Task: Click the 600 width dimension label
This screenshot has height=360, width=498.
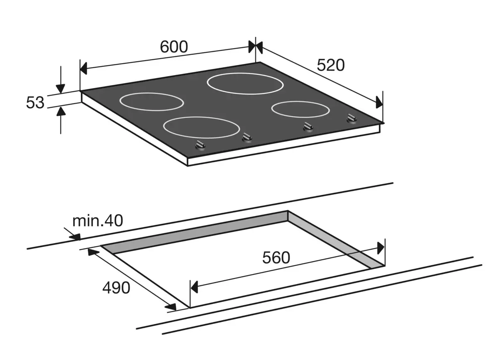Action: click(174, 47)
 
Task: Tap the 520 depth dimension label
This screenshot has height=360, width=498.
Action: click(331, 65)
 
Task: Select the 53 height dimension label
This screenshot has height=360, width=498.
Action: click(35, 103)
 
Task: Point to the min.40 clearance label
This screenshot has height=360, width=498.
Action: click(98, 220)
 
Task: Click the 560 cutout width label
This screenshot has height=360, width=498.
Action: click(276, 258)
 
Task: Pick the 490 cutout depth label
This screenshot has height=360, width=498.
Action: click(116, 288)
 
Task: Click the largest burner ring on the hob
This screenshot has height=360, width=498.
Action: click(245, 83)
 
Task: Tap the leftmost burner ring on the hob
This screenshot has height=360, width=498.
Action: click(151, 102)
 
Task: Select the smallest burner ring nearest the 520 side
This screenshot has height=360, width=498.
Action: click(300, 109)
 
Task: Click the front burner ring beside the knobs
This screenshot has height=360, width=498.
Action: click(201, 127)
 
